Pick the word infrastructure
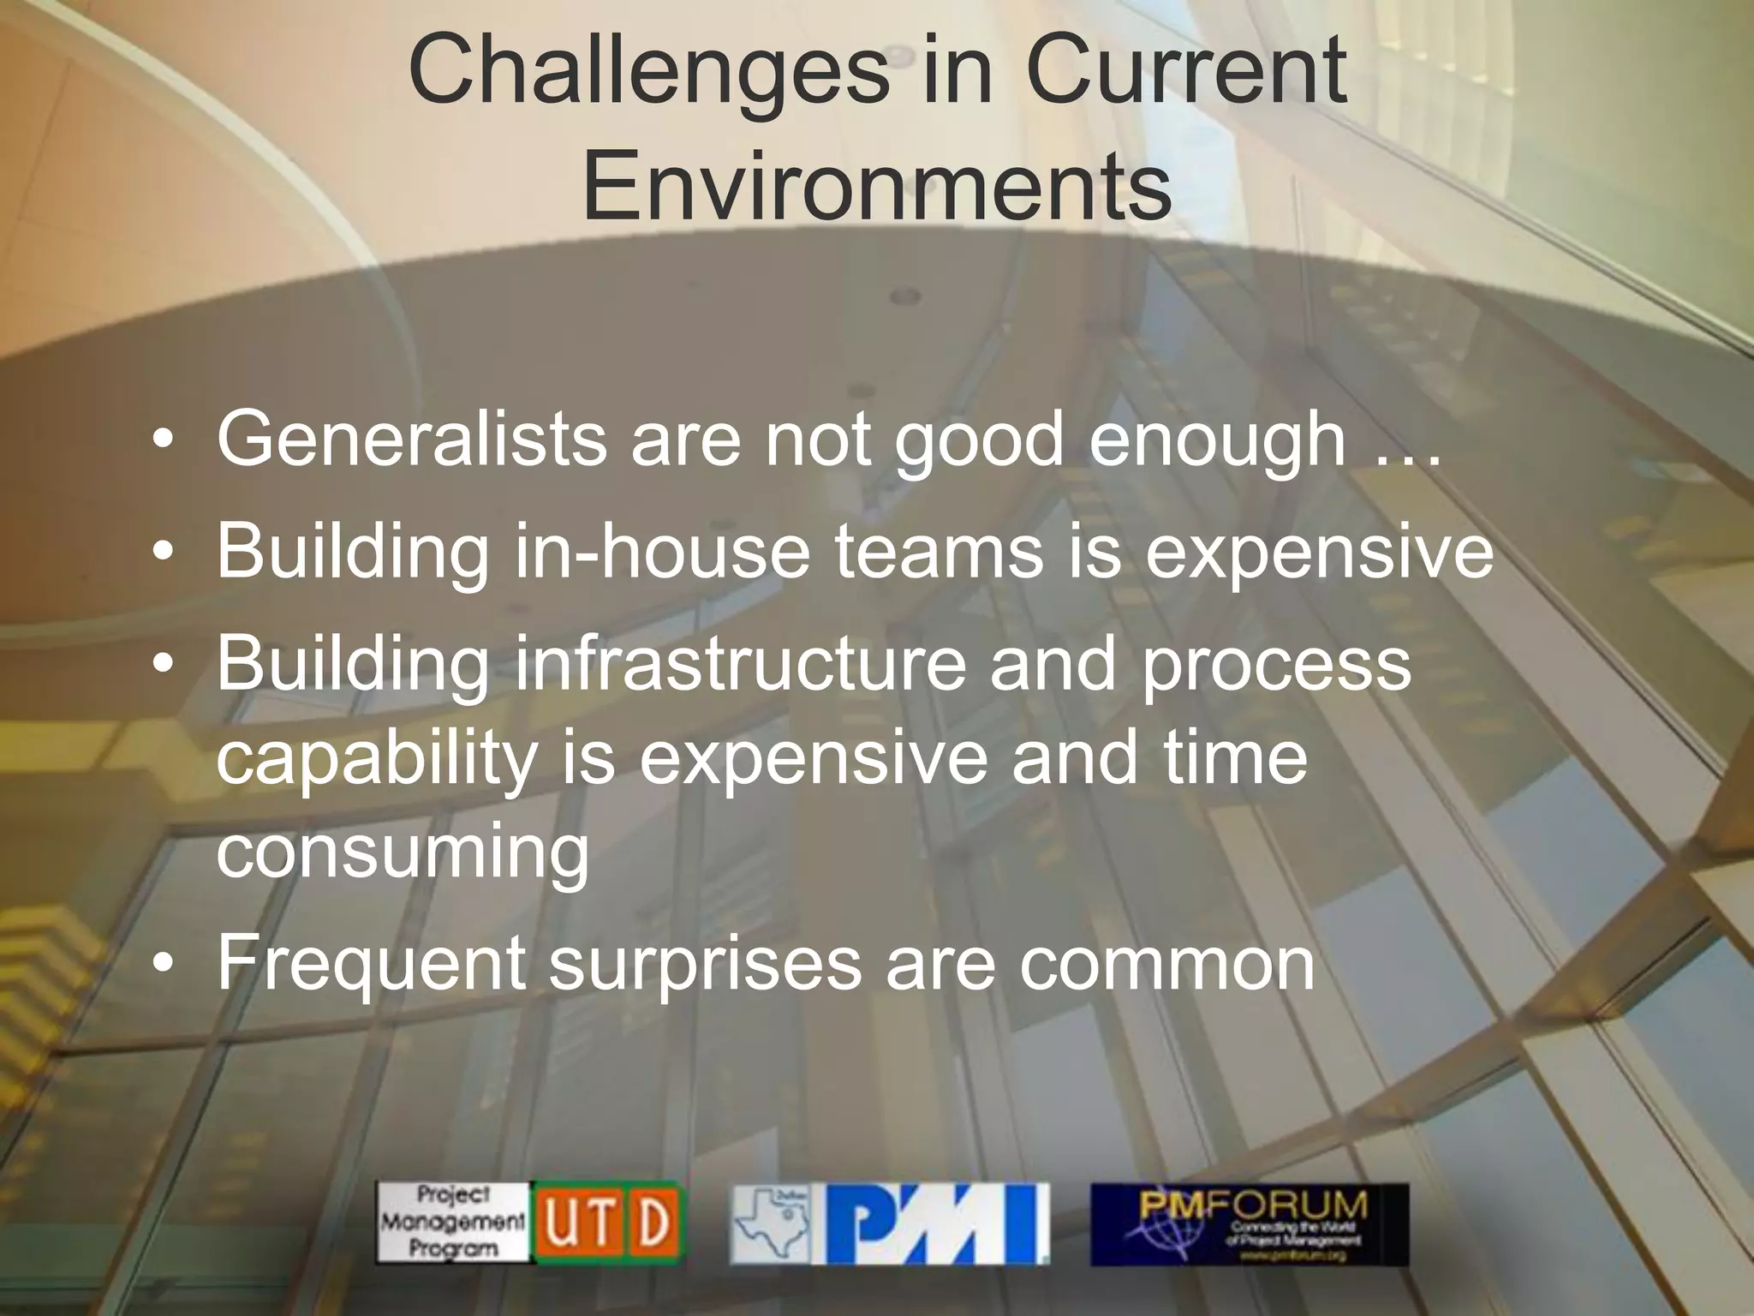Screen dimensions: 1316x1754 point(740,665)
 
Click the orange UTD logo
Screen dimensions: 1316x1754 point(607,1223)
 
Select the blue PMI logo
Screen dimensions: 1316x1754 point(934,1223)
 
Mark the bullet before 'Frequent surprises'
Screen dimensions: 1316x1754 point(164,965)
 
